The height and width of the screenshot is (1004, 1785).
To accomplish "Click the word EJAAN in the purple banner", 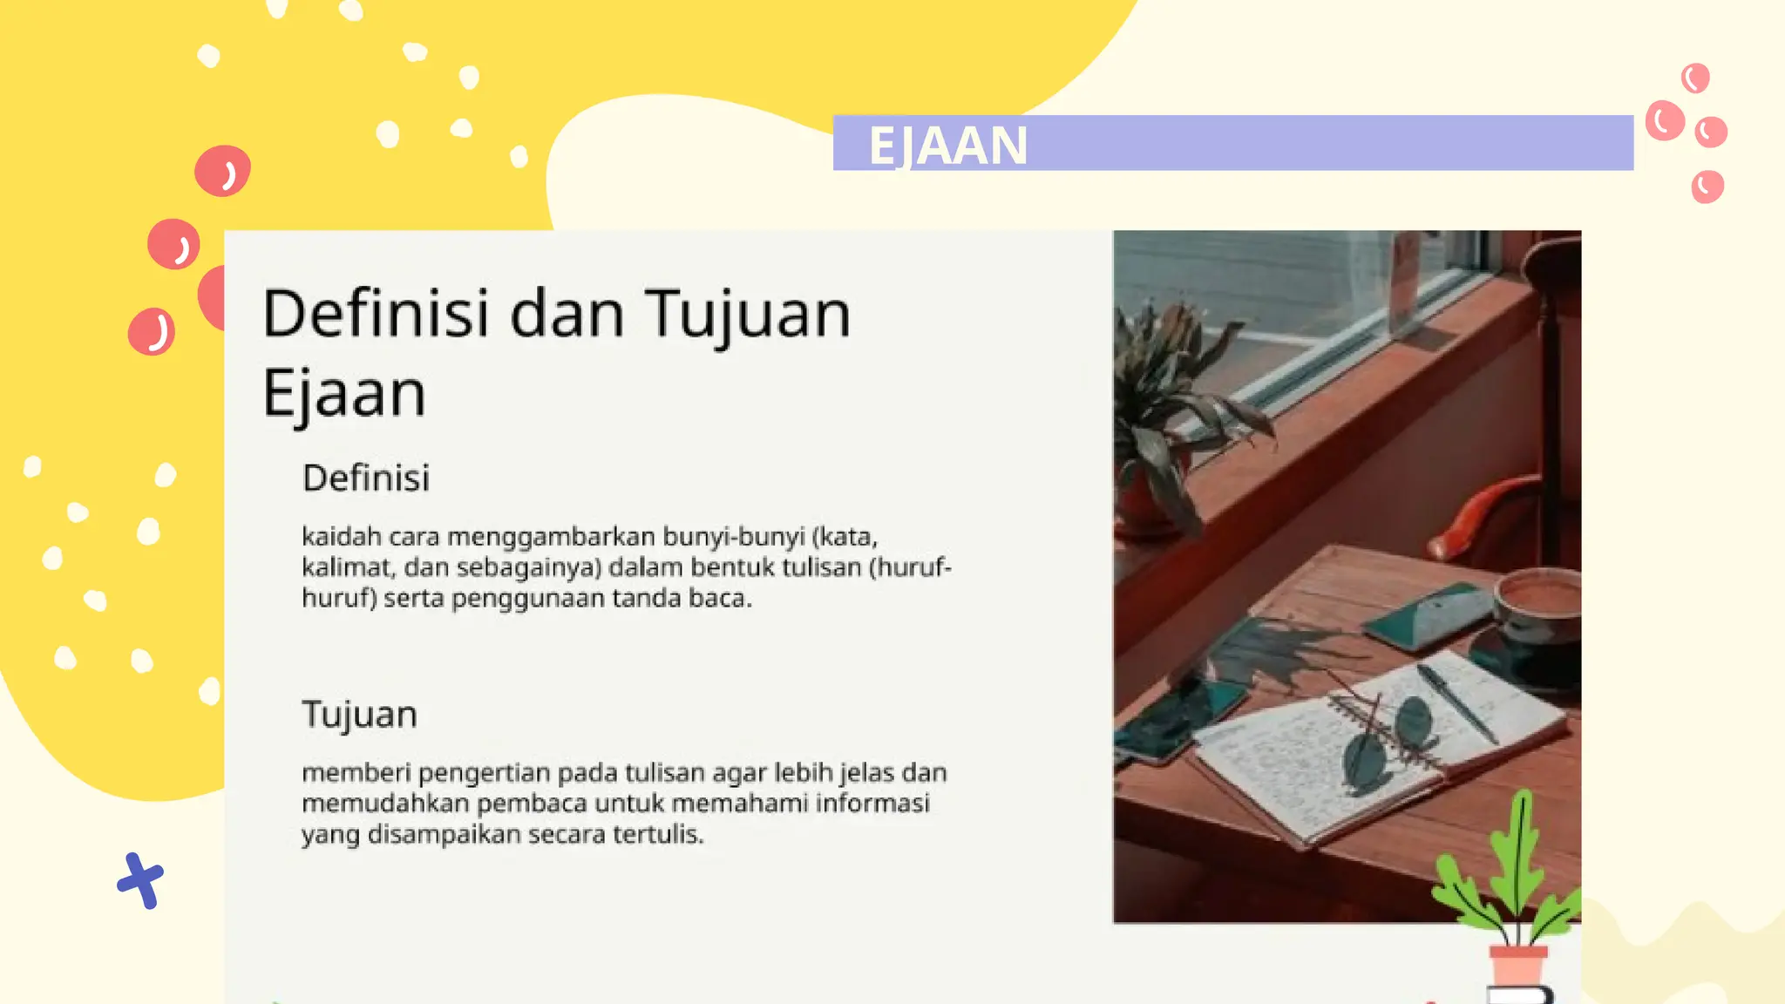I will [947, 145].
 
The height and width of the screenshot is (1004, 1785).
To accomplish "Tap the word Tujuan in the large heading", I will [747, 315].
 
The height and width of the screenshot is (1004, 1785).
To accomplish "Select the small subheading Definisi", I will [366, 478].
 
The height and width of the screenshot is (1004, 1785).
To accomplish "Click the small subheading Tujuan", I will [359, 715].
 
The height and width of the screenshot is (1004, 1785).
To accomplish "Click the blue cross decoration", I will [140, 880].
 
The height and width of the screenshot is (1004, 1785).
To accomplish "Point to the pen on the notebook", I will [1456, 702].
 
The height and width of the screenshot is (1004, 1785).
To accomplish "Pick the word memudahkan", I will [385, 803].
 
